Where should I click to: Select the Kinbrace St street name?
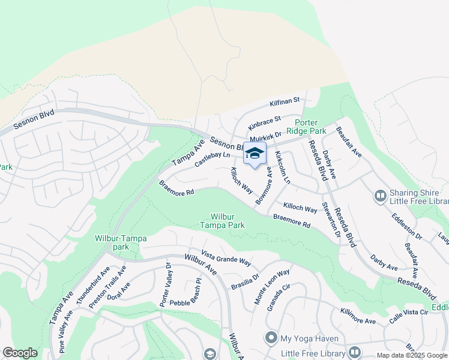tap(265, 121)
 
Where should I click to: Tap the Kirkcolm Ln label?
tap(283, 167)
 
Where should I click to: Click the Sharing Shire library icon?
tap(379, 196)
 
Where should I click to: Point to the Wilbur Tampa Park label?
tap(228, 221)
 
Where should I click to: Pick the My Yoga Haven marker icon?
tap(271, 338)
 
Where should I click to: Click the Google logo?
tap(20, 353)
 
